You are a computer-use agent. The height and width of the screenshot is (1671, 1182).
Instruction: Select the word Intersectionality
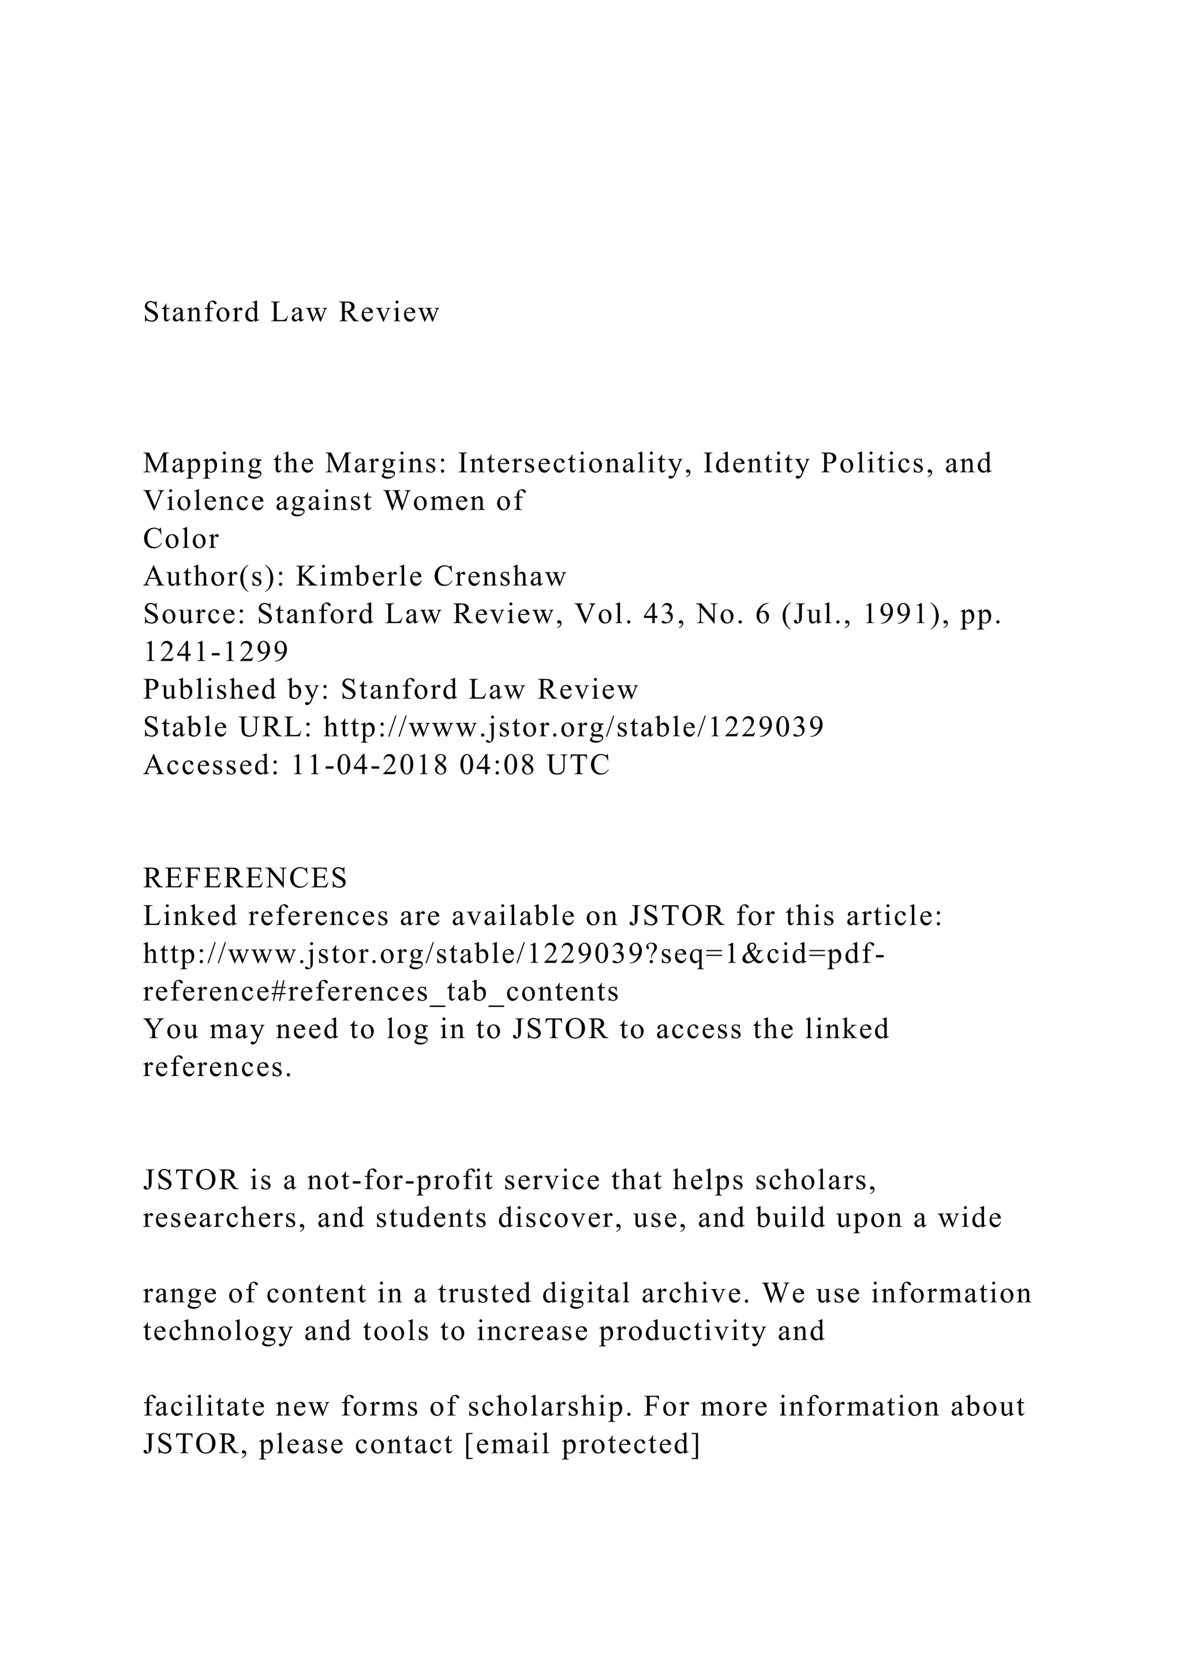(574, 463)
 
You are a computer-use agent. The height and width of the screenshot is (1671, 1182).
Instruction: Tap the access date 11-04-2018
(368, 765)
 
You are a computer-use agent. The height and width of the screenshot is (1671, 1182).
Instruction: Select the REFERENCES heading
(245, 878)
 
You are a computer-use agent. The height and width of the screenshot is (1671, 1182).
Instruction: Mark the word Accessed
(207, 765)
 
